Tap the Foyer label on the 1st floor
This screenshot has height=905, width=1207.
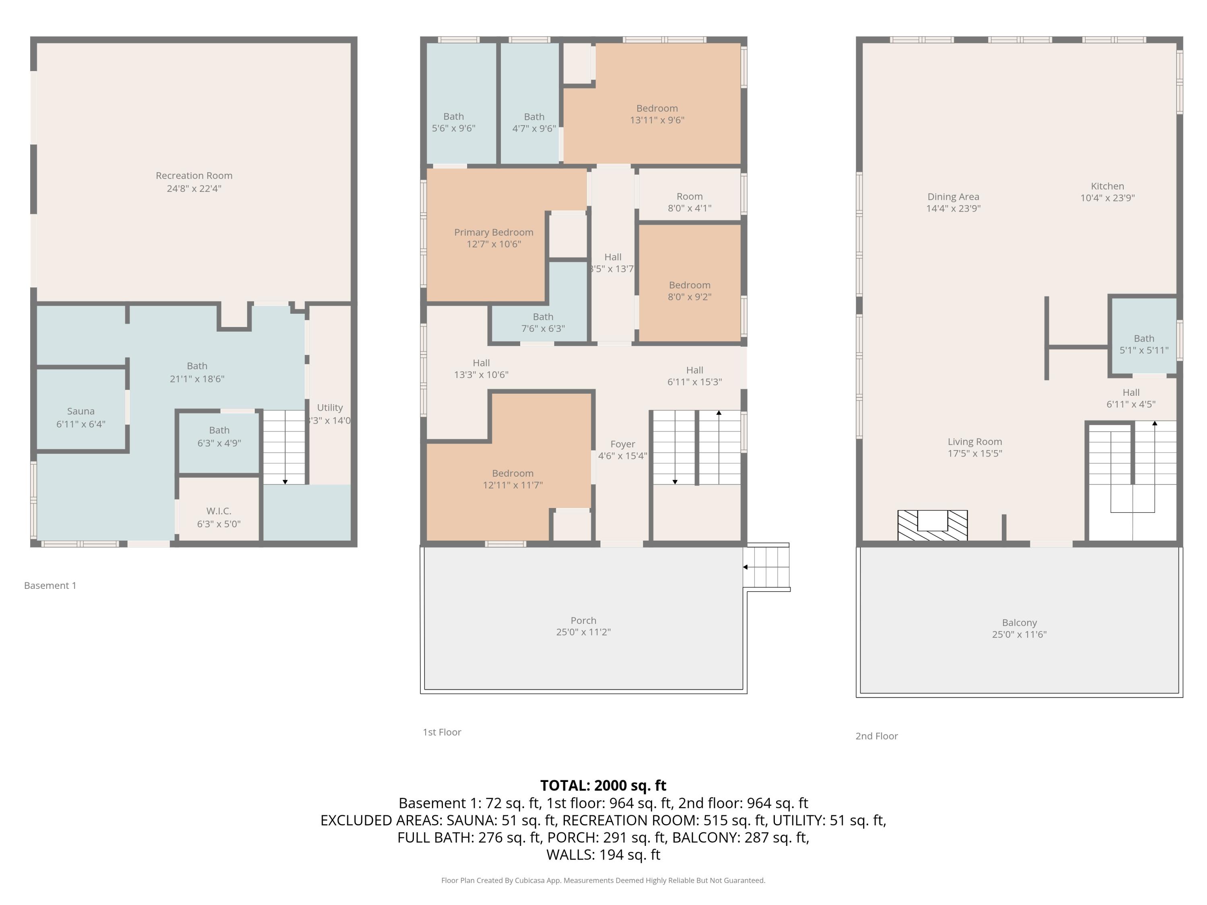622,444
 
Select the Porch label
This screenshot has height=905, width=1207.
583,620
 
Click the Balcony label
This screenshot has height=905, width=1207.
1019,622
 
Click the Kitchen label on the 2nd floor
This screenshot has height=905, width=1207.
1107,186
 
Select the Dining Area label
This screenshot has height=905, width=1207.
953,196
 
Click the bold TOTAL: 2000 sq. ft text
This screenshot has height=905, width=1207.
603,785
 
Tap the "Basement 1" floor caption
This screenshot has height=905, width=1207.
50,585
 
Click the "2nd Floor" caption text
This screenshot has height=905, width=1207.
876,736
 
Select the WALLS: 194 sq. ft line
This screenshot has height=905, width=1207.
603,854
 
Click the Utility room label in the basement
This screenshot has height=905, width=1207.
330,407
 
